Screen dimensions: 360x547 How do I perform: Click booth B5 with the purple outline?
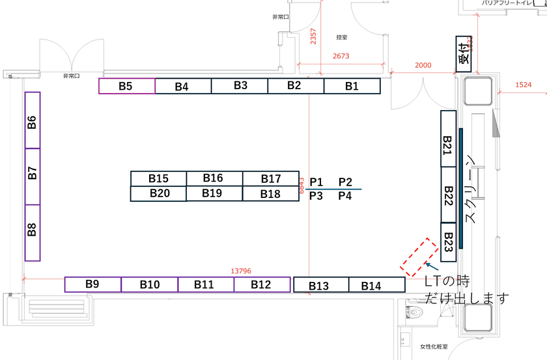(x=127, y=86)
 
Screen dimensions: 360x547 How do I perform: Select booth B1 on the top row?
(x=352, y=86)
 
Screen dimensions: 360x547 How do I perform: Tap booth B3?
(x=240, y=85)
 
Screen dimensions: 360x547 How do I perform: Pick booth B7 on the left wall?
(x=33, y=176)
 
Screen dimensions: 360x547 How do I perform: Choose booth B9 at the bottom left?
(x=92, y=284)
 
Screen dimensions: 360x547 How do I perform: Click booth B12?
(x=261, y=284)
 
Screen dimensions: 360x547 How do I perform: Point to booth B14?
(x=376, y=284)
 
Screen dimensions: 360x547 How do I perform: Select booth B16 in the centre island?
(x=214, y=178)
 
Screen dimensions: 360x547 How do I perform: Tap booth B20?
(x=159, y=193)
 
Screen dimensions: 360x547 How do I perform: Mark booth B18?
(x=270, y=193)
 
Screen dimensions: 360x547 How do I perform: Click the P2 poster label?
(x=345, y=182)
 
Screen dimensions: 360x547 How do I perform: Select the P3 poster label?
(x=316, y=195)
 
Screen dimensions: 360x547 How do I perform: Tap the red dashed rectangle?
(x=418, y=257)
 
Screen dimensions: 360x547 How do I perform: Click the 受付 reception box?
(x=464, y=53)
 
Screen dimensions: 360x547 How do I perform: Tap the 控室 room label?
(x=342, y=37)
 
